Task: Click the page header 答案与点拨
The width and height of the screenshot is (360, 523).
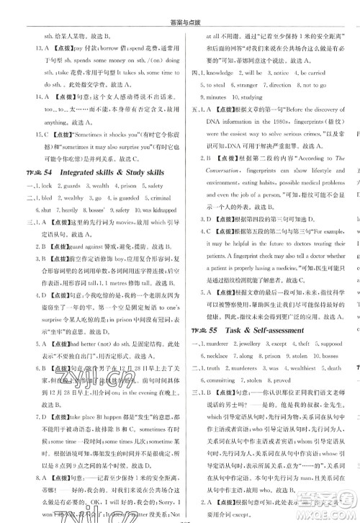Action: [179, 9]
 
